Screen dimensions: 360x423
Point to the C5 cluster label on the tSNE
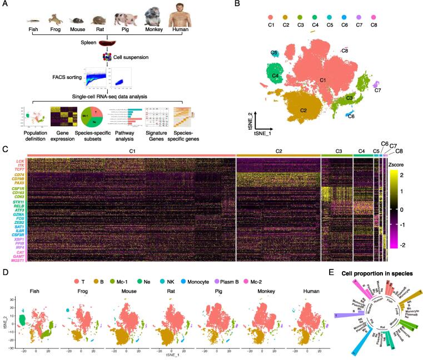click(275, 53)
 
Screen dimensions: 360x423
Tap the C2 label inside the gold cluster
click(303, 111)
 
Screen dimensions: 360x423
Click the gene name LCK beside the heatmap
click(20, 162)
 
